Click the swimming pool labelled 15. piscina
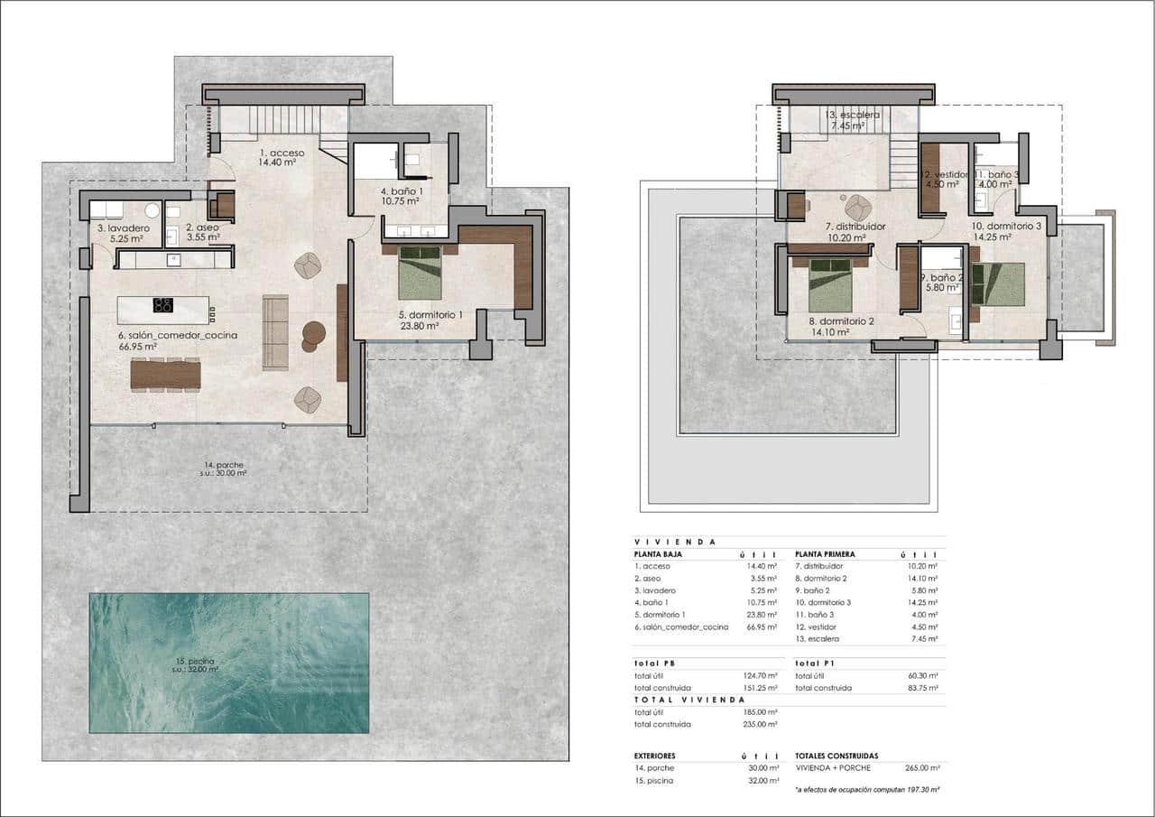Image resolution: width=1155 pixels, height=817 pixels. coord(228,663)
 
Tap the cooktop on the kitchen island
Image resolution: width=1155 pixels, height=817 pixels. coord(163,305)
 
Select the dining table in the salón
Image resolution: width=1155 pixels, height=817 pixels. coord(166,375)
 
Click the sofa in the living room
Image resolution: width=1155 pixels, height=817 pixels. coord(274,331)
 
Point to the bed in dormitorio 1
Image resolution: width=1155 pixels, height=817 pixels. coord(420,273)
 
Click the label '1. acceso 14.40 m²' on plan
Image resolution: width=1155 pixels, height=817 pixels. coord(282,158)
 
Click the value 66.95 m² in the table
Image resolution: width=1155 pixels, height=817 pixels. coord(762,627)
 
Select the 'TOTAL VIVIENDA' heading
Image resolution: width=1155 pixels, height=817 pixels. coord(689,700)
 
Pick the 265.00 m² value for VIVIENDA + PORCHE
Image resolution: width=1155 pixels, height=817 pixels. coord(921,767)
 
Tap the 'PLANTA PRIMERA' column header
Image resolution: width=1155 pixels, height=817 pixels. coord(825,554)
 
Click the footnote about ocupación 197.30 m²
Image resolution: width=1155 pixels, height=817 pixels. coord(867,789)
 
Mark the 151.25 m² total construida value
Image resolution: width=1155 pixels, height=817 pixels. coord(761,688)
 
